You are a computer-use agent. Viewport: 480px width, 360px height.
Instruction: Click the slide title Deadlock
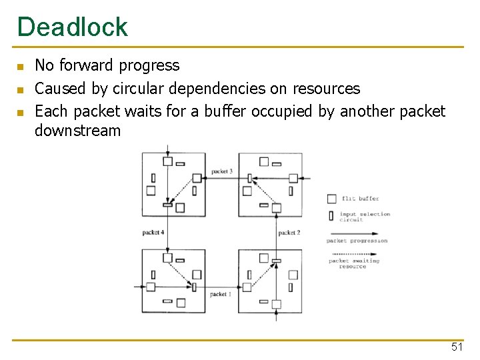pos(72,27)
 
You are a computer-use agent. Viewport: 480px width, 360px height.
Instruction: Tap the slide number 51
pos(457,347)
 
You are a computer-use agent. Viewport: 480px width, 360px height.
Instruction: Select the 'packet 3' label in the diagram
pos(221,172)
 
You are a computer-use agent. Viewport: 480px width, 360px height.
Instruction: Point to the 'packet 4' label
pos(153,233)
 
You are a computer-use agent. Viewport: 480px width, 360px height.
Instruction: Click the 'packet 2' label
pos(289,233)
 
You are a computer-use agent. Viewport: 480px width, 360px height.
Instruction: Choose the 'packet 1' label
pos(220,294)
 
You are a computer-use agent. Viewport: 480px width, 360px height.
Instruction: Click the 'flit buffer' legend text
pos(360,199)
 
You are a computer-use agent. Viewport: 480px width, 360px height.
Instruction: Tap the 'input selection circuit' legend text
pos(364,217)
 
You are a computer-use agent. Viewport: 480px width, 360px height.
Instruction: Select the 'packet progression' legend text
pos(357,241)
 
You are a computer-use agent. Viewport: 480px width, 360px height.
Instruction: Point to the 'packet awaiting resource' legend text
pos(354,263)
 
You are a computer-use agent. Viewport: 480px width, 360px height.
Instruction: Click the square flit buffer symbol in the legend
pos(331,198)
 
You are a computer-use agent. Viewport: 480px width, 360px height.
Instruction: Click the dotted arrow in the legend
pos(356,254)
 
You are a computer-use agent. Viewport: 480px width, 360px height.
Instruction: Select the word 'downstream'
pos(77,130)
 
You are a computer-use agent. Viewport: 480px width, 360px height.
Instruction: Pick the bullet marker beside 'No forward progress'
pos(21,67)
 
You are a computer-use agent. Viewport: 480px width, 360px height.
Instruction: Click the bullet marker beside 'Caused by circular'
pos(21,89)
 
